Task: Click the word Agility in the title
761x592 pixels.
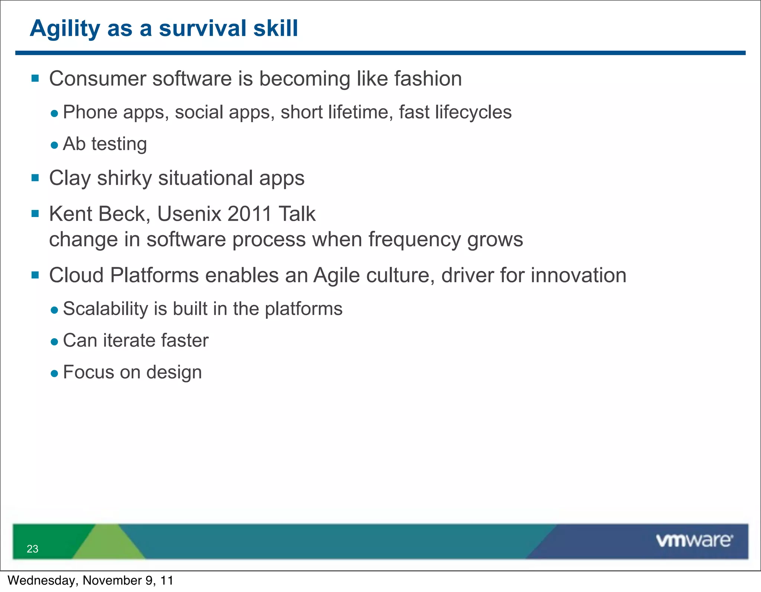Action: pos(65,29)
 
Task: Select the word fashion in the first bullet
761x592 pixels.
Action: pos(428,79)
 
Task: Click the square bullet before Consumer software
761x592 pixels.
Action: pos(35,78)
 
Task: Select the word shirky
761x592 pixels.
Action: pos(124,178)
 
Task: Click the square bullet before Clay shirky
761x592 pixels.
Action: pos(35,178)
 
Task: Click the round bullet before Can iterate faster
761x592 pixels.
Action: pos(55,342)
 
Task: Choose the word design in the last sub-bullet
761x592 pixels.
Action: pos(174,373)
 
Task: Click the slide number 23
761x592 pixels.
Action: pos(32,549)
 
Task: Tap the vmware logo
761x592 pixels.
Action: pos(694,541)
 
